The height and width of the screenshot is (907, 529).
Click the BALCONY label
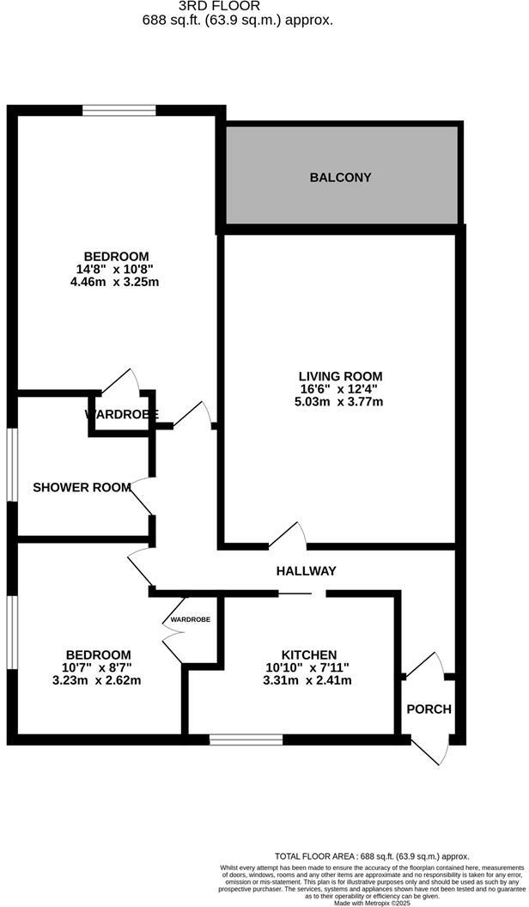tap(340, 178)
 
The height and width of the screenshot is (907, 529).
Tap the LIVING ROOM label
tap(340, 375)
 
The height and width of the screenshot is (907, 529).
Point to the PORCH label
tap(429, 709)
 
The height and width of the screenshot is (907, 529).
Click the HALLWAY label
tap(306, 570)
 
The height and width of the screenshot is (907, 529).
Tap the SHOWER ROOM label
tap(82, 487)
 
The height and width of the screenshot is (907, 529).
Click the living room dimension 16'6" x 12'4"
tap(340, 388)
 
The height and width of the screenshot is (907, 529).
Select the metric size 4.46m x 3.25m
tap(116, 281)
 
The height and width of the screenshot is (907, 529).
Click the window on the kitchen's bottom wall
tap(246, 739)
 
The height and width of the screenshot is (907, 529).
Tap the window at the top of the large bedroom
tap(119, 110)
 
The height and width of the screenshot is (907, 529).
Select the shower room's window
tap(12, 464)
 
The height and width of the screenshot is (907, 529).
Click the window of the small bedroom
tap(12, 631)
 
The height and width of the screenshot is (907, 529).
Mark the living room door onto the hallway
tap(289, 536)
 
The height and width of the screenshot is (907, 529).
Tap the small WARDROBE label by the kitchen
tap(190, 618)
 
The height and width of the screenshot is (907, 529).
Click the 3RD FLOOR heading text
tap(237, 5)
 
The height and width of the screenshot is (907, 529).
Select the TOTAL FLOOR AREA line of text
tap(372, 856)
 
